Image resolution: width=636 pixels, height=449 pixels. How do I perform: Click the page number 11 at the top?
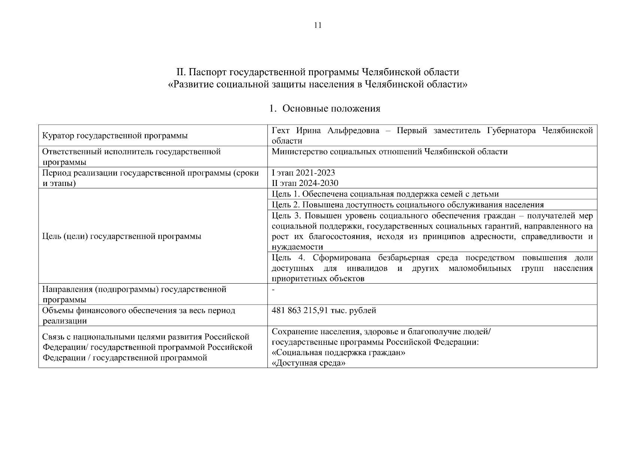tap(318, 25)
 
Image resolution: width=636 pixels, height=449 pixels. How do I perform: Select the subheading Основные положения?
tap(331, 109)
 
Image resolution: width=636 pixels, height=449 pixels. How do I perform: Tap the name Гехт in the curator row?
tap(281, 131)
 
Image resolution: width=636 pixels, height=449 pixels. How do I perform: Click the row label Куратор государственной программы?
tap(115, 136)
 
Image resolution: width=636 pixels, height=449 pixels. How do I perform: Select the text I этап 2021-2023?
tap(303, 173)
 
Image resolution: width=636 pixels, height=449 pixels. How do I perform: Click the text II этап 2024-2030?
tap(305, 183)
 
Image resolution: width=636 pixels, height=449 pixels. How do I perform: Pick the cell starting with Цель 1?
tap(385, 194)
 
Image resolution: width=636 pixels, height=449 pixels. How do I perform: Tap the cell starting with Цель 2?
tap(408, 205)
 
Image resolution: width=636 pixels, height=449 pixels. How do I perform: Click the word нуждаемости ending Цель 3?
tap(297, 247)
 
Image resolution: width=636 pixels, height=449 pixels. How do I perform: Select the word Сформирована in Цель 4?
tap(341, 258)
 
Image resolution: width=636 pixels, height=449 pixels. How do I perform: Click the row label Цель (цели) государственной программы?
tap(122, 236)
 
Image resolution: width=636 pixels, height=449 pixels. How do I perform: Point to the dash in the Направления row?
tap(273, 290)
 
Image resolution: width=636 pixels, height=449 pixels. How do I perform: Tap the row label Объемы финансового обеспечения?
tap(139, 311)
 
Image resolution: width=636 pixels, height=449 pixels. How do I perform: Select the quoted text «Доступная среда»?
tap(308, 363)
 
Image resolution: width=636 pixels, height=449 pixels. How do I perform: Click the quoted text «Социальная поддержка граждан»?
tap(338, 353)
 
